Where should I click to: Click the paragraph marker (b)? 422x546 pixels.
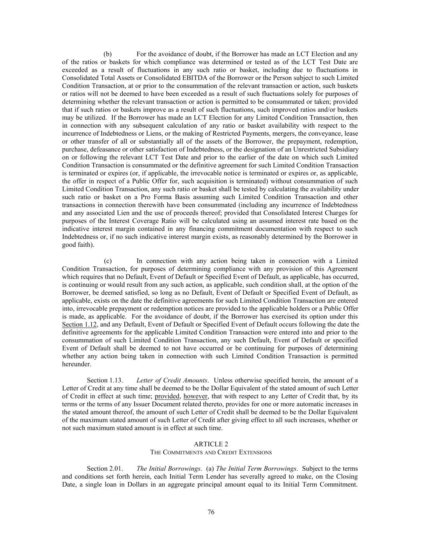tap(107, 54)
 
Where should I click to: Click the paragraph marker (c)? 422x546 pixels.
tap(108, 261)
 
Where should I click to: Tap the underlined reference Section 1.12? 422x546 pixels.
tap(79, 324)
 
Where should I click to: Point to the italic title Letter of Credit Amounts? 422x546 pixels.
tap(172, 380)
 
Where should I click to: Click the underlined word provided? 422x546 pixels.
tap(167, 396)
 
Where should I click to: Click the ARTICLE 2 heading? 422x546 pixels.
tap(211, 444)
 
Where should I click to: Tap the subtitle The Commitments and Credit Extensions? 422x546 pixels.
tap(211, 452)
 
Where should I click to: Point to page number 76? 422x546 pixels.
tap(211, 512)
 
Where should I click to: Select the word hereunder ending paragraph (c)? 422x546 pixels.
tap(76, 364)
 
